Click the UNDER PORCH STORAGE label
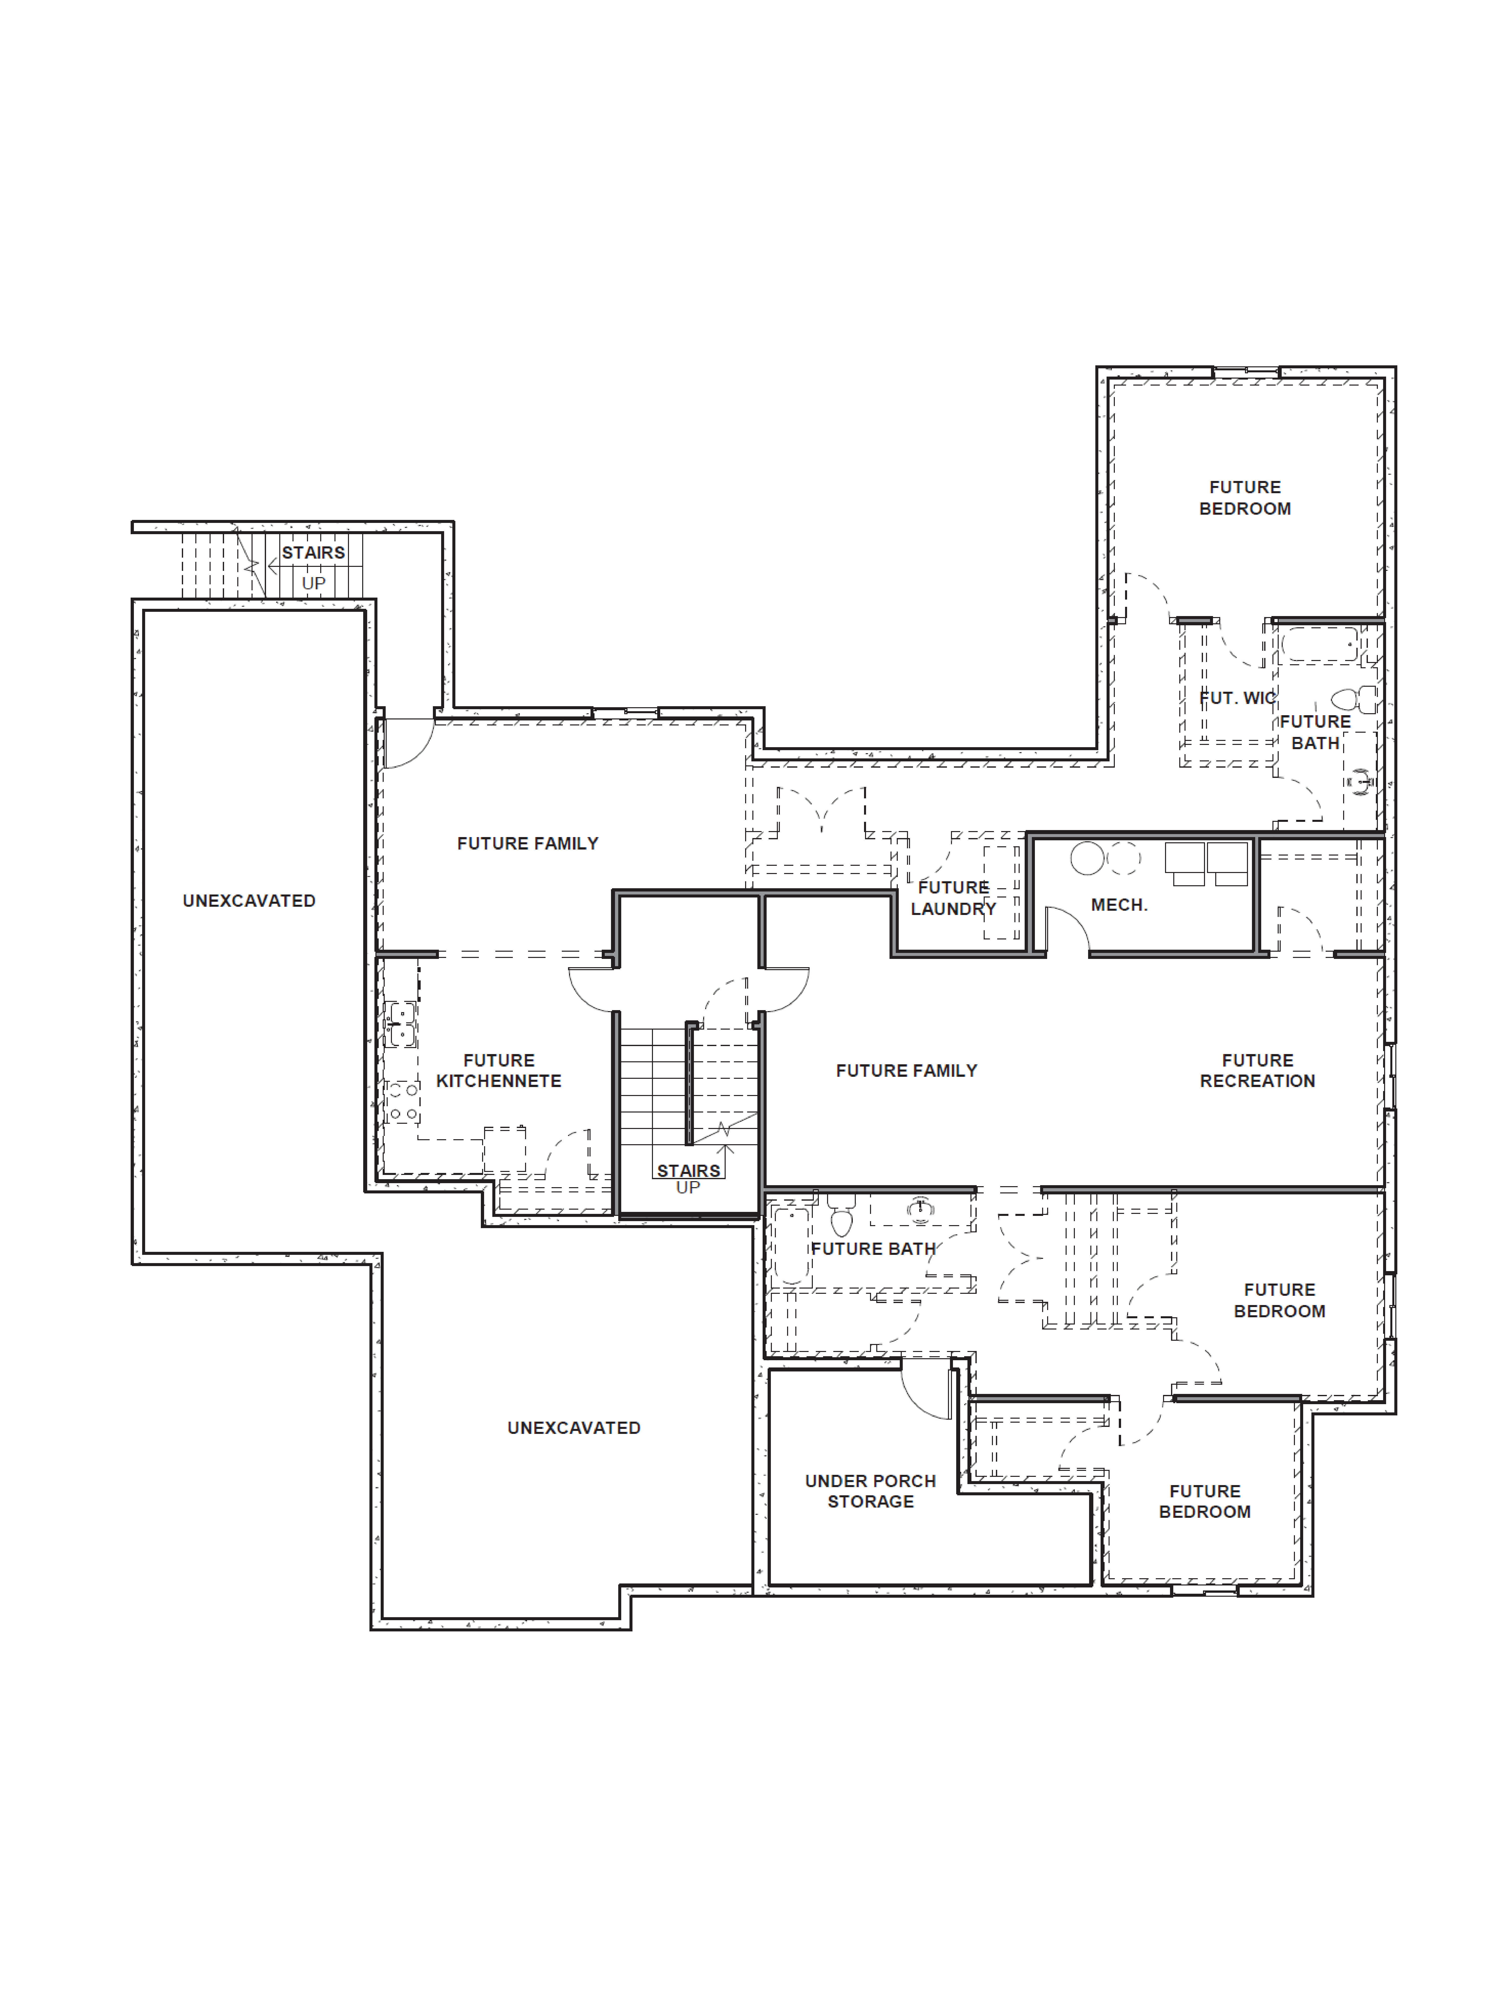[870, 1491]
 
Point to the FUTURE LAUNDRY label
[953, 898]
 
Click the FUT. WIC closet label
[1237, 698]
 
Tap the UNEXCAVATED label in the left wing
[249, 900]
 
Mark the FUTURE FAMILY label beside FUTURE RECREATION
[906, 1070]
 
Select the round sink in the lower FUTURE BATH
[920, 1208]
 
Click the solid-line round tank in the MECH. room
[1087, 858]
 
